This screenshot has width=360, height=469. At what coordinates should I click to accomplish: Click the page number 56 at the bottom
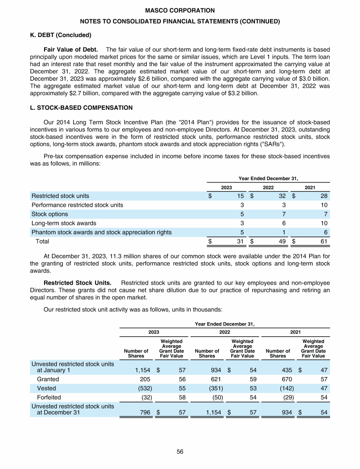coord(180,452)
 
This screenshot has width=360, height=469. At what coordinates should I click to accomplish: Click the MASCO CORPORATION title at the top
coord(180,10)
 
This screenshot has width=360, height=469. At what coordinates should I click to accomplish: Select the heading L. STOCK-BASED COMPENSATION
coord(81,108)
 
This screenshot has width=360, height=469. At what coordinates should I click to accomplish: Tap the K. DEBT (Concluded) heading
coord(61,35)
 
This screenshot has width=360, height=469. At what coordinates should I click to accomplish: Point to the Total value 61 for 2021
coord(323,242)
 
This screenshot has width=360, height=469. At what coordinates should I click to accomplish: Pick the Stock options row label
coord(50,214)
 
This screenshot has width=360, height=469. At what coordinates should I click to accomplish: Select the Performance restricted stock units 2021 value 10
coord(323,205)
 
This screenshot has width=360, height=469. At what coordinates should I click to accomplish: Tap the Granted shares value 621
coord(215,379)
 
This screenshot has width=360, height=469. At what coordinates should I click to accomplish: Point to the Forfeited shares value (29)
coord(285,398)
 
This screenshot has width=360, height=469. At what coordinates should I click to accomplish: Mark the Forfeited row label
coord(49,398)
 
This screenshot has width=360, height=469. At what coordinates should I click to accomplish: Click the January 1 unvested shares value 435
coord(286,370)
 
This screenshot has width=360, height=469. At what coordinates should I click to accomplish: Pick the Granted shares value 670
coord(286,379)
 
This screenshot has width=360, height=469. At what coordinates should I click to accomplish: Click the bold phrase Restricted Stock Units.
coord(77,283)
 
